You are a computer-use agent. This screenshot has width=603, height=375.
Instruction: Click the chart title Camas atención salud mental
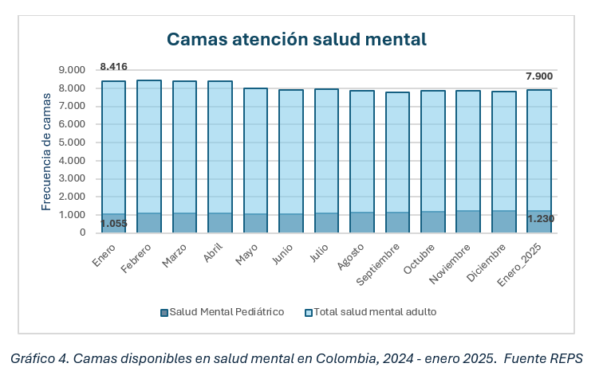coord(296,39)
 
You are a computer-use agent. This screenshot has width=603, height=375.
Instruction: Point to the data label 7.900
coord(539,76)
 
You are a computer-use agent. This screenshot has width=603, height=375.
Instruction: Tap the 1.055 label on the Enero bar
coord(114,224)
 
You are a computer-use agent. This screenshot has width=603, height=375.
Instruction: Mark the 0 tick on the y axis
coord(82,232)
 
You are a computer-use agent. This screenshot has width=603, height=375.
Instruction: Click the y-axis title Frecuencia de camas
coord(46,151)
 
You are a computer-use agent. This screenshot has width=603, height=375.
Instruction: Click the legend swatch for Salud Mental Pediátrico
coord(164,311)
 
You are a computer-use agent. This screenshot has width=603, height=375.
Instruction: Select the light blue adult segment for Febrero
coord(149,146)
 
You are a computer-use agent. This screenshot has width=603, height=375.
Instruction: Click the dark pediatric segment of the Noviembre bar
coord(468,221)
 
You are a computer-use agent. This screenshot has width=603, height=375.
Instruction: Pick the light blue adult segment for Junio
coord(290,151)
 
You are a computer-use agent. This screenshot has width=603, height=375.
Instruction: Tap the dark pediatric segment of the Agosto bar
coord(361,222)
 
